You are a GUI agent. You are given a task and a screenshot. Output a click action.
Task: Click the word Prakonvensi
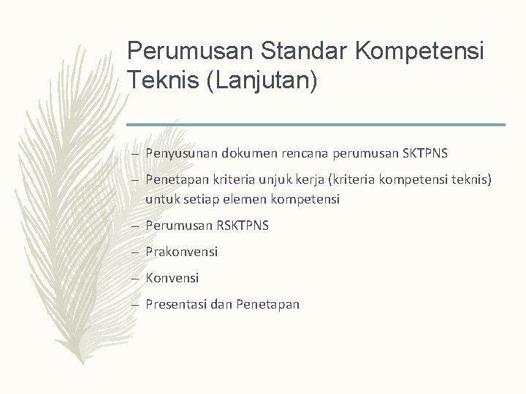[x=182, y=252]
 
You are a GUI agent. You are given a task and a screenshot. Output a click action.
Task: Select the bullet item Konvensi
[x=172, y=278]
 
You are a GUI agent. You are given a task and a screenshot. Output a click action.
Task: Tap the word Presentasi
[x=177, y=304]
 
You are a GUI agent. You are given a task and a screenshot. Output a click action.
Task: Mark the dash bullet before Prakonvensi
[x=137, y=252]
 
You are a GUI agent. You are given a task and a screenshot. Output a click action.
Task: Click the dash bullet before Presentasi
[x=137, y=305]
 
